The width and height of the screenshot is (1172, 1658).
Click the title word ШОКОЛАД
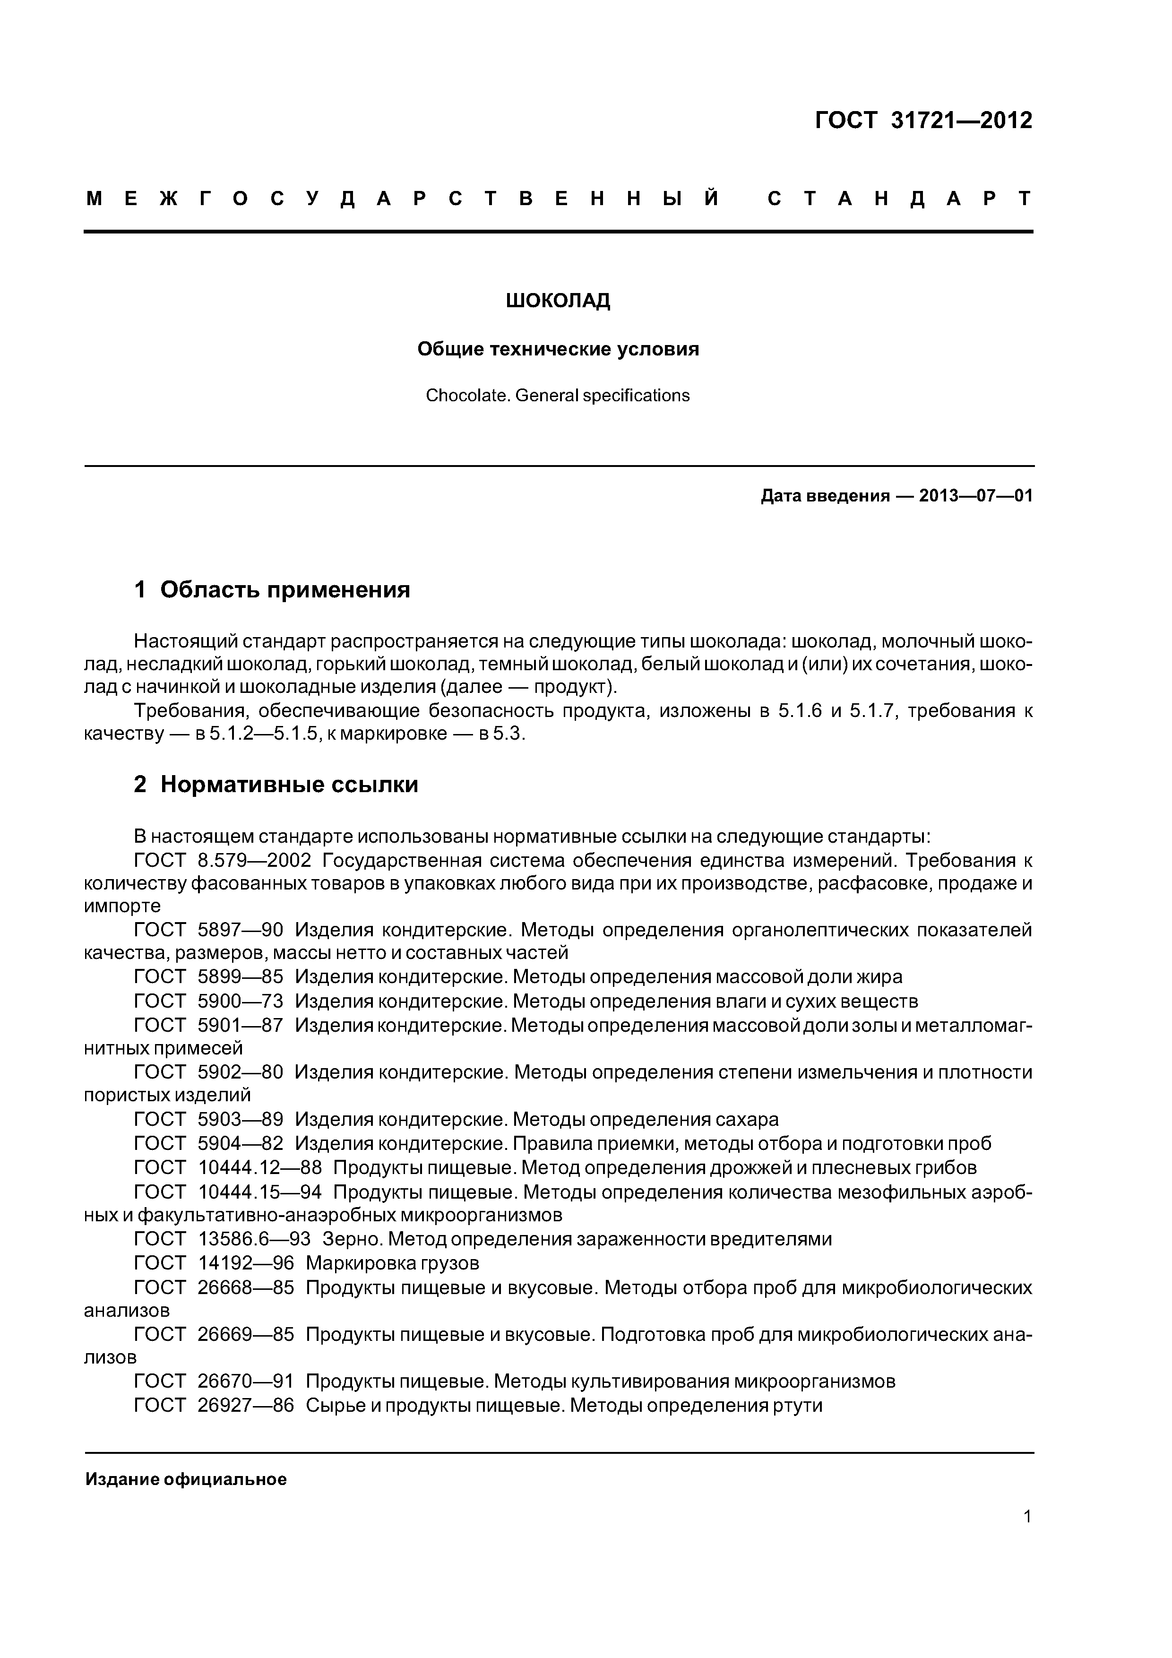coord(558,301)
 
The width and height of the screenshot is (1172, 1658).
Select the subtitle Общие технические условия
coord(558,349)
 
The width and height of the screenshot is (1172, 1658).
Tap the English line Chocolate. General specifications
coord(558,396)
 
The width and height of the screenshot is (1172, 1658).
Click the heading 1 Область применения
coord(272,590)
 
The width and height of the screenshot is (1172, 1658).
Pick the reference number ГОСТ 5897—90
coord(209,930)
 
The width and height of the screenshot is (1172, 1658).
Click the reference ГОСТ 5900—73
coord(209,1002)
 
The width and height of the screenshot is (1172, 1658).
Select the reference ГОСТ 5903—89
coord(209,1120)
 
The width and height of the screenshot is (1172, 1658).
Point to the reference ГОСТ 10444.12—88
coord(228,1168)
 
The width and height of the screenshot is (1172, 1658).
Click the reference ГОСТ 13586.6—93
coord(223,1239)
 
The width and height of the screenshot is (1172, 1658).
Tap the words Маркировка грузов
coord(392,1263)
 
